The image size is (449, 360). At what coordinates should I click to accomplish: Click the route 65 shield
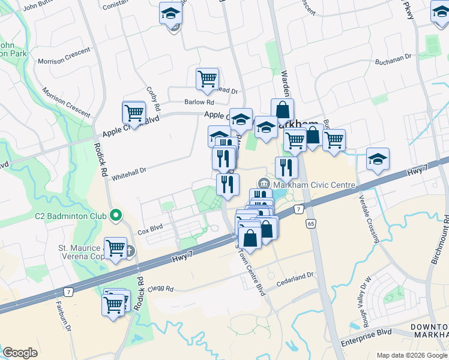[x=310, y=223]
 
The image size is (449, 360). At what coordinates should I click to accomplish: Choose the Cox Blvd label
[x=150, y=228]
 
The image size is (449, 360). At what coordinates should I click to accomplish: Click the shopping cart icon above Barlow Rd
[x=207, y=78]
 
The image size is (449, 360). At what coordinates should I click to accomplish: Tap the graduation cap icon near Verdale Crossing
[x=378, y=159]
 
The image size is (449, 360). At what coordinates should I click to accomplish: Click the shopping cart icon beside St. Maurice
[x=116, y=248]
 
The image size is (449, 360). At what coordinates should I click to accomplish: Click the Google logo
[x=20, y=353]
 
